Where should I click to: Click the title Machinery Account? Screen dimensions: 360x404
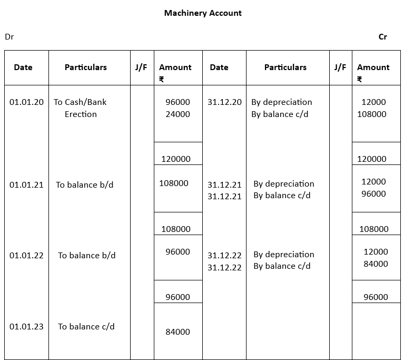point(203,13)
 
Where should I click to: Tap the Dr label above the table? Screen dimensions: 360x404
point(9,37)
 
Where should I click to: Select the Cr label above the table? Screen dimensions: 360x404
point(383,37)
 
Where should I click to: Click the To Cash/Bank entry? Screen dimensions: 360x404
point(80,102)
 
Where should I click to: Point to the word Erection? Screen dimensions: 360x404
point(81,114)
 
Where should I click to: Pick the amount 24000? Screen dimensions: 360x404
point(178,114)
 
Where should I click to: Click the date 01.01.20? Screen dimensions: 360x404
point(26,102)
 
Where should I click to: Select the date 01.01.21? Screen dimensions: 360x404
point(26,185)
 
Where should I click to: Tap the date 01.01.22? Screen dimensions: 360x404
point(26,256)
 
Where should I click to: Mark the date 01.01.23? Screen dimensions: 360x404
point(26,327)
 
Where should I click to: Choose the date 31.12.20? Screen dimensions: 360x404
point(224,102)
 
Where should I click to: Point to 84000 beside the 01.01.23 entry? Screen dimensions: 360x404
point(178,332)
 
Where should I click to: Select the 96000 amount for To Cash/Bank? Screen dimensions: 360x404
point(178,102)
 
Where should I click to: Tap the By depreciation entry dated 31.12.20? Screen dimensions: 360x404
point(282,102)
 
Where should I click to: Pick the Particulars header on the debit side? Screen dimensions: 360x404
point(86,67)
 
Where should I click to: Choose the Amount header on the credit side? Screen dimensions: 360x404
point(373,67)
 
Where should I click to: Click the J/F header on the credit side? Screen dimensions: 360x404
point(340,67)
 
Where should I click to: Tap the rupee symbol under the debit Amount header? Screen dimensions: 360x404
point(162,80)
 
